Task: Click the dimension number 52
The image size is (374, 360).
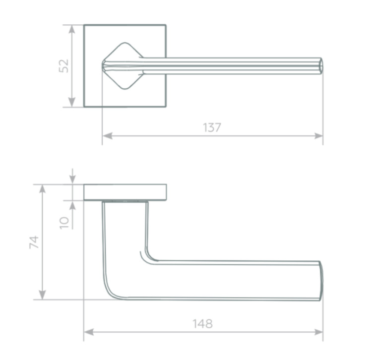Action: tap(64, 66)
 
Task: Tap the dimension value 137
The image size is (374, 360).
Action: tap(212, 127)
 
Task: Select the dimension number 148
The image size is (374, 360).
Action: tap(202, 324)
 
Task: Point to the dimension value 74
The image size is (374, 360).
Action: tap(34, 242)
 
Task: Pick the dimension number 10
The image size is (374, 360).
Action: tap(64, 223)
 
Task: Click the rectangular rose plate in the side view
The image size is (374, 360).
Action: tap(125, 192)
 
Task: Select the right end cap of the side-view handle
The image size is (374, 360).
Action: tap(321, 281)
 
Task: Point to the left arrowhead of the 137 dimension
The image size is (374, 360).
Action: tap(107, 136)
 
